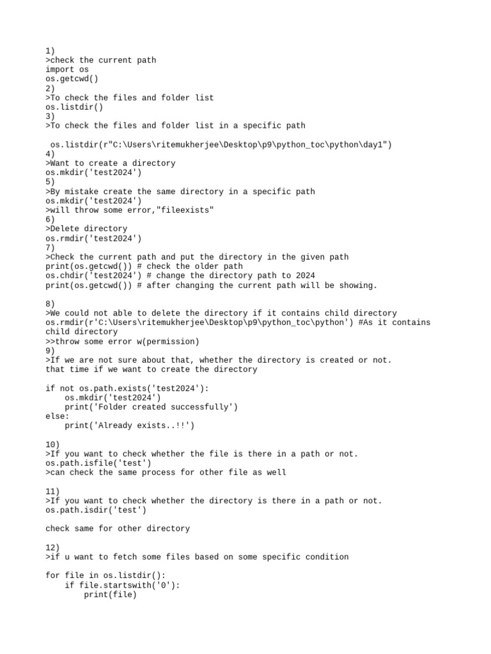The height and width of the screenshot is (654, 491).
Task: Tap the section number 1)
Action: pyautogui.click(x=51, y=50)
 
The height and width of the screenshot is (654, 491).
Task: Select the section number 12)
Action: pyautogui.click(x=53, y=547)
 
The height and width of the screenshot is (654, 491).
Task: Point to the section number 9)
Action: pyautogui.click(x=51, y=351)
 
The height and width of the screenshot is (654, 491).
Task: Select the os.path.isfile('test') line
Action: pyautogui.click(x=98, y=463)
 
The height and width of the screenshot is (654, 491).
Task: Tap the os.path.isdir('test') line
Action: pyautogui.click(x=96, y=510)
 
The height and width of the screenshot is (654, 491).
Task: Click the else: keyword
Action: pyautogui.click(x=58, y=416)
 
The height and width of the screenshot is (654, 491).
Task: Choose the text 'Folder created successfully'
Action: pyautogui.click(x=163, y=407)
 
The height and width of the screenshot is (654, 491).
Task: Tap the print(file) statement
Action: pyautogui.click(x=110, y=595)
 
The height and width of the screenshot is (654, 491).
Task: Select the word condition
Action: pyautogui.click(x=327, y=557)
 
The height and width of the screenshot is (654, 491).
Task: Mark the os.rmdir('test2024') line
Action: pyautogui.click(x=93, y=238)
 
